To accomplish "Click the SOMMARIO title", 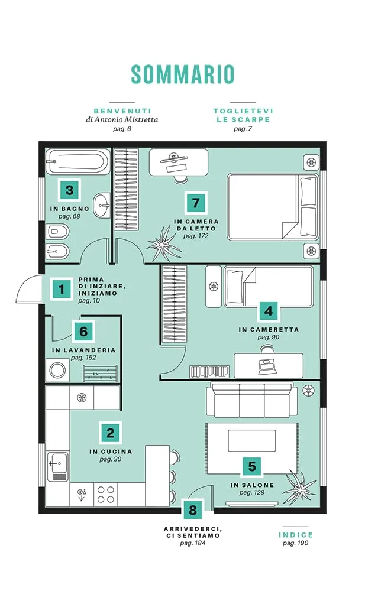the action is tap(183, 74).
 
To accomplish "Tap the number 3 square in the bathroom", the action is tap(69, 190).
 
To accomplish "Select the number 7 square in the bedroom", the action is tap(196, 203).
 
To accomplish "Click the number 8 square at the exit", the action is tap(193, 510).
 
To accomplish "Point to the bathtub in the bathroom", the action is tap(77, 162).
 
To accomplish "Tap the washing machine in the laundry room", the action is tap(57, 371).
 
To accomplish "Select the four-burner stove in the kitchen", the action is tap(106, 495).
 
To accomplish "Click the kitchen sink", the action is tap(58, 467).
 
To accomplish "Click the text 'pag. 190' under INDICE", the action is tap(296, 543).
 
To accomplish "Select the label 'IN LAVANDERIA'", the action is tap(83, 350).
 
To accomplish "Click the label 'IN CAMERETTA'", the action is tap(269, 329).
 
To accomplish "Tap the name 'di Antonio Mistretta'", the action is tap(122, 120).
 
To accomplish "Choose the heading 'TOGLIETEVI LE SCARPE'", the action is tap(243, 115).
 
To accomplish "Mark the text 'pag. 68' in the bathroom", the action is tap(69, 217).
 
